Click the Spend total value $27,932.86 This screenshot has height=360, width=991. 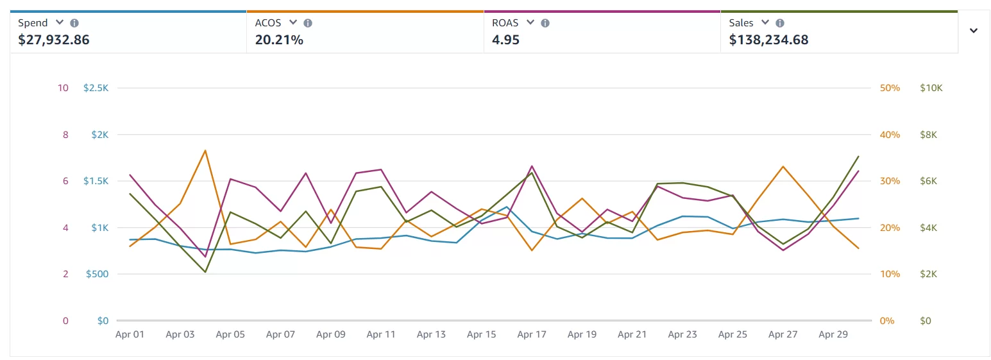click(54, 40)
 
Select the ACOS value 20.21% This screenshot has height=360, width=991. click(279, 40)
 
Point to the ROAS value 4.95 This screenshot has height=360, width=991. click(505, 40)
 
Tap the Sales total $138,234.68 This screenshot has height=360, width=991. click(768, 40)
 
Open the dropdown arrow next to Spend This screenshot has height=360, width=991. click(60, 22)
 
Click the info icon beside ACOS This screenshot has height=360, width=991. click(308, 23)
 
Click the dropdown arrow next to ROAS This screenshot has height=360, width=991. click(530, 22)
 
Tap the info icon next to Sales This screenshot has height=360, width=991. click(780, 23)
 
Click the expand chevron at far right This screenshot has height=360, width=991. click(974, 31)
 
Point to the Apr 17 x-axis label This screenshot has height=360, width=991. click(532, 334)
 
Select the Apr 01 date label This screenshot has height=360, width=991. click(130, 334)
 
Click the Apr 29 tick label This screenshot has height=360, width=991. click(833, 334)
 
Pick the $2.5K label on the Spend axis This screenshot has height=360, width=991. click(96, 88)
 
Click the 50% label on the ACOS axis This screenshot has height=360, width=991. click(890, 88)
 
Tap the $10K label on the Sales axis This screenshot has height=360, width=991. click(931, 88)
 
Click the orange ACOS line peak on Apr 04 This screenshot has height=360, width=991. click(205, 151)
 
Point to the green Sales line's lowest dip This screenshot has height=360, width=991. click(205, 272)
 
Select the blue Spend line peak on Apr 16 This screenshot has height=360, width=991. click(507, 207)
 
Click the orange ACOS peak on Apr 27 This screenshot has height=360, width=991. click(783, 167)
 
